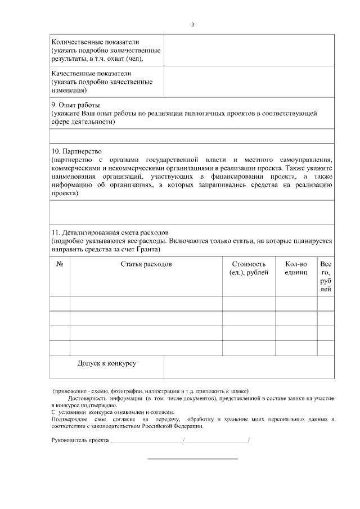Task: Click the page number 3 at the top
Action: tap(192, 25)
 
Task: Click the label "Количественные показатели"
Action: tap(95, 42)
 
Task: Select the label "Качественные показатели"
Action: tap(91, 74)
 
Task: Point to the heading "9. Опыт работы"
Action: tap(76, 105)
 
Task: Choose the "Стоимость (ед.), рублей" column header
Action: tap(248, 268)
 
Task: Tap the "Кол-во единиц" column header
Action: tap(296, 268)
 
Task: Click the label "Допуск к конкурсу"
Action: tap(107, 363)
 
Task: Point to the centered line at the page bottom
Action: tap(192, 459)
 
